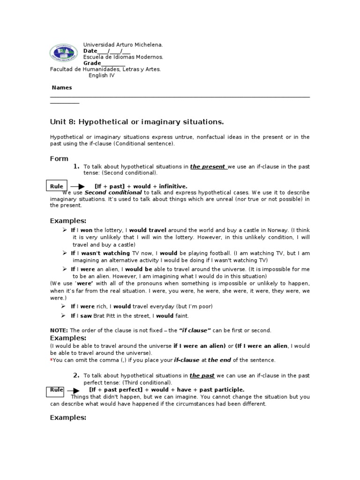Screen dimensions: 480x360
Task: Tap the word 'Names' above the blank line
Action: coord(61,88)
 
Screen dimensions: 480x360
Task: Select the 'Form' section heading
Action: coord(59,158)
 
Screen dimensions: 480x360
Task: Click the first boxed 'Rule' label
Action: coord(57,186)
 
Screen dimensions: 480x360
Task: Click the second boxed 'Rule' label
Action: coord(56,390)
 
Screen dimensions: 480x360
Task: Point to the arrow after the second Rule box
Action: coord(74,390)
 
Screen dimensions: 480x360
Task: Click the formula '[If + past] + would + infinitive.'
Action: coord(141,186)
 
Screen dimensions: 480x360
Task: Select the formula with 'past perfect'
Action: coord(166,390)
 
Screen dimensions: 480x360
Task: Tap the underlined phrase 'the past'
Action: coord(201,375)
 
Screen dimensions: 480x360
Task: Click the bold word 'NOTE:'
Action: coord(59,330)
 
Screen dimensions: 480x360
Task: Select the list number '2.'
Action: coord(76,375)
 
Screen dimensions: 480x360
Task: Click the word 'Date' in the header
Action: coord(90,51)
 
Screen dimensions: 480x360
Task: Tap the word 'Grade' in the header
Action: coord(92,63)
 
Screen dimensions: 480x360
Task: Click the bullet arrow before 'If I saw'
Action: coord(65,315)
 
